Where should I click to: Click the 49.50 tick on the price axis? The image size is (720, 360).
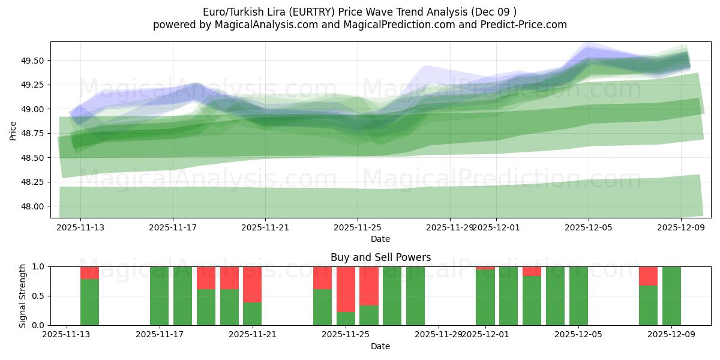pyautogui.click(x=32, y=61)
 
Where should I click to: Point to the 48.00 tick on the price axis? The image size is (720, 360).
pyautogui.click(x=32, y=206)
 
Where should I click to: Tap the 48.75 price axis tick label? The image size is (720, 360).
pyautogui.click(x=32, y=133)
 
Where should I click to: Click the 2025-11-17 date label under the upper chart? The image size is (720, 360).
pyautogui.click(x=173, y=227)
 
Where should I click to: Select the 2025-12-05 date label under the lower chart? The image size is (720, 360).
pyautogui.click(x=578, y=335)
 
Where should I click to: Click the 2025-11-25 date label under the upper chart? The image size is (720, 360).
pyautogui.click(x=358, y=227)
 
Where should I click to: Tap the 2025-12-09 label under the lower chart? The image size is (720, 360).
pyautogui.click(x=671, y=335)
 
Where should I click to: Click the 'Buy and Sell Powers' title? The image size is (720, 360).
pyautogui.click(x=380, y=257)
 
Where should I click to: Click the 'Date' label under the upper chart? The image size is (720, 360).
pyautogui.click(x=380, y=239)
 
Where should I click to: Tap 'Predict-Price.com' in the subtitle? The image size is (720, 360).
pyautogui.click(x=525, y=25)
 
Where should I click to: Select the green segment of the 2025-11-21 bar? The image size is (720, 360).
pyautogui.click(x=252, y=314)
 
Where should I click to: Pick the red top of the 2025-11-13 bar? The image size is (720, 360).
pyautogui.click(x=89, y=272)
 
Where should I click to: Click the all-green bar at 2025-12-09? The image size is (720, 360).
pyautogui.click(x=671, y=296)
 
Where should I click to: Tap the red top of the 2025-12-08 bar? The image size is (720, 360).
pyautogui.click(x=648, y=275)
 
